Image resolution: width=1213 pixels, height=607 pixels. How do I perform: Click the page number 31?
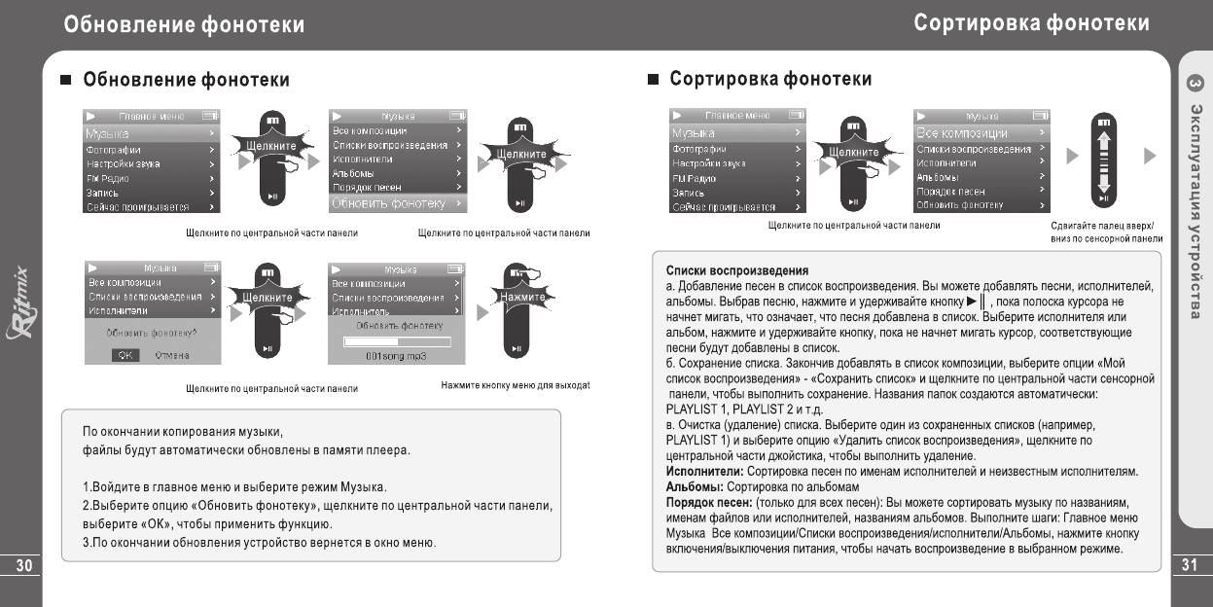[x=1190, y=566]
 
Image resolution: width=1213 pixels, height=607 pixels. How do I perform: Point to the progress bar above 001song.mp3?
[x=397, y=341]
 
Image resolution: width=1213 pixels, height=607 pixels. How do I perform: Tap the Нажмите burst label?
[x=522, y=296]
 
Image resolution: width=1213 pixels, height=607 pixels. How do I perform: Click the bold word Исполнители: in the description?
[x=704, y=471]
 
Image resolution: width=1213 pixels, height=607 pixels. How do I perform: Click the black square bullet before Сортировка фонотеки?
[x=654, y=79]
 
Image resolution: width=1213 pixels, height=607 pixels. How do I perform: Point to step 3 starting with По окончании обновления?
[x=259, y=541]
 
